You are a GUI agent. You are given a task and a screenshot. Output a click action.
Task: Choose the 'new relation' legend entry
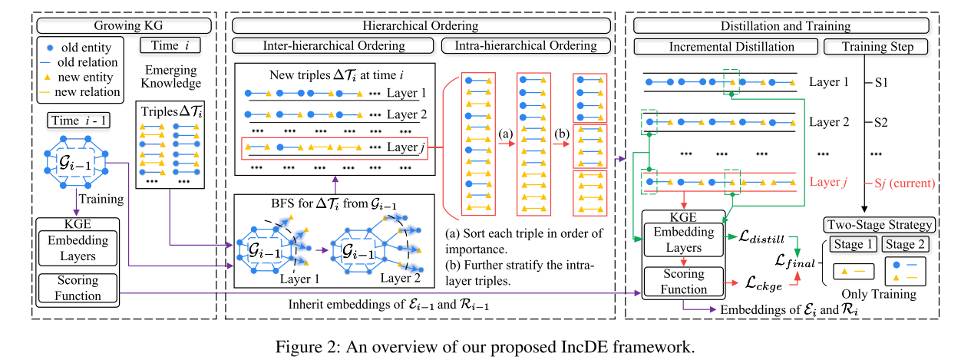tap(79, 91)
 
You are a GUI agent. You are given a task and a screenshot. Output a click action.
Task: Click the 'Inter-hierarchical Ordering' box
tap(333, 46)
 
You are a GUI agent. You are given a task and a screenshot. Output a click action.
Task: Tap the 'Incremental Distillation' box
tap(725, 46)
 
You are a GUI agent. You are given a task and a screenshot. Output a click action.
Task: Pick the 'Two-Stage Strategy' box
tap(879, 225)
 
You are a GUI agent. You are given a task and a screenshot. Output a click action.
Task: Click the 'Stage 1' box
tap(850, 246)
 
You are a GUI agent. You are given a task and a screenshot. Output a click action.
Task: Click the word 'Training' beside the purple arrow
tap(102, 199)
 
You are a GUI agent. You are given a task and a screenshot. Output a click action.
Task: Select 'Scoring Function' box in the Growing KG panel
tap(78, 287)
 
